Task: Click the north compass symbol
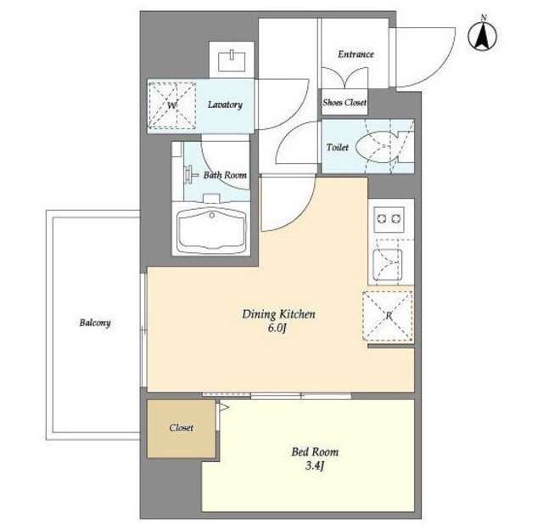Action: point(482,35)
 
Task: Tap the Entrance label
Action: point(355,54)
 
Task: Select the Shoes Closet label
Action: point(344,102)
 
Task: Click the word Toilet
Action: point(338,147)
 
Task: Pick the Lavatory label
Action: point(225,104)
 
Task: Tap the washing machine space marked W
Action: point(172,105)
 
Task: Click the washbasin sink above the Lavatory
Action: point(232,61)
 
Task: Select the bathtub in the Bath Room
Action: point(211,230)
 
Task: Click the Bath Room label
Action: point(225,175)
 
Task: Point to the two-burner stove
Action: point(389,219)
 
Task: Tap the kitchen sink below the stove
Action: point(388,264)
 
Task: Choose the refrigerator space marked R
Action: point(388,316)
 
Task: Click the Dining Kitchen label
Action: point(278,314)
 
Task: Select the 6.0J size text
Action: point(277,328)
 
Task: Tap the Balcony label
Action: point(95,323)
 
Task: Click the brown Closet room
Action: point(181,429)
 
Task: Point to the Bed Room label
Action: point(315,452)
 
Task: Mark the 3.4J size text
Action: point(315,465)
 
